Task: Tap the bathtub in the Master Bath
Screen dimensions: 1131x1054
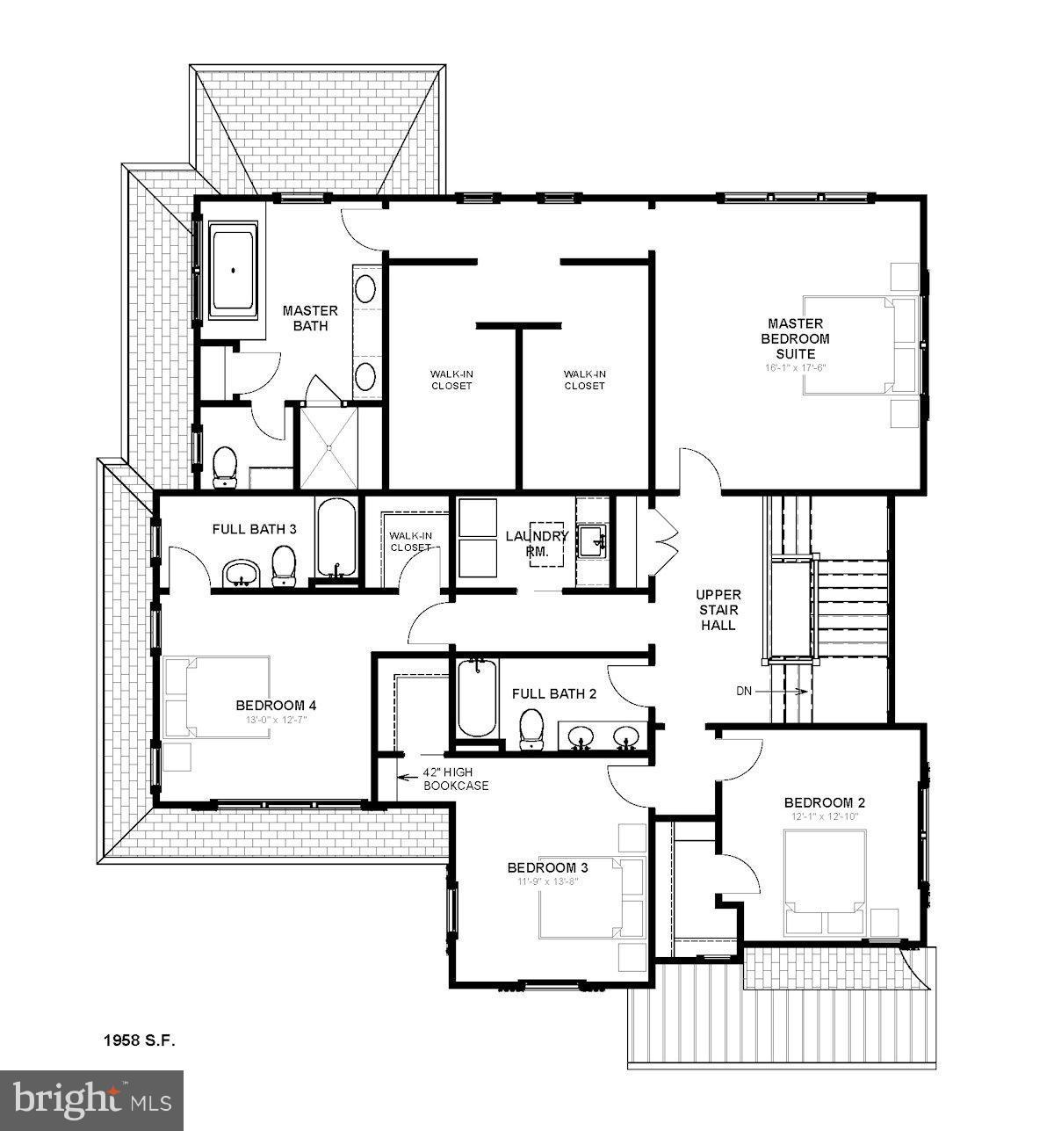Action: [x=234, y=272]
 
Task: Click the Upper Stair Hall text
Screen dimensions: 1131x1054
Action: [x=718, y=609]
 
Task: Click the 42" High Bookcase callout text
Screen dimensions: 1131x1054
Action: [x=455, y=779]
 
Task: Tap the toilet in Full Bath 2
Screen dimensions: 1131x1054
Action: [x=530, y=729]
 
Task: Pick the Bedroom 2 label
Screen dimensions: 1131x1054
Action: [x=824, y=801]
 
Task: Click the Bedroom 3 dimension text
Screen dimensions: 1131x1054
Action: [x=547, y=881]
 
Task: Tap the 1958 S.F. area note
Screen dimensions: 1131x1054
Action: [x=140, y=1040]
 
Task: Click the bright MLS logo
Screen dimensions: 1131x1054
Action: [x=92, y=1100]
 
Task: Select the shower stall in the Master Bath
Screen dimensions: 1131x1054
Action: [x=328, y=446]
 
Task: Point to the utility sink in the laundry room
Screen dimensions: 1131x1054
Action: [x=594, y=538]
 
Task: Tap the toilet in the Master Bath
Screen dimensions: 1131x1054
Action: [x=227, y=466]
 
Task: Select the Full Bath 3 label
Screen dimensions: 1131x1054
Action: [x=254, y=529]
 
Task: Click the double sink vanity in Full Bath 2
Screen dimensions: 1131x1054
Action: [x=603, y=738]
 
